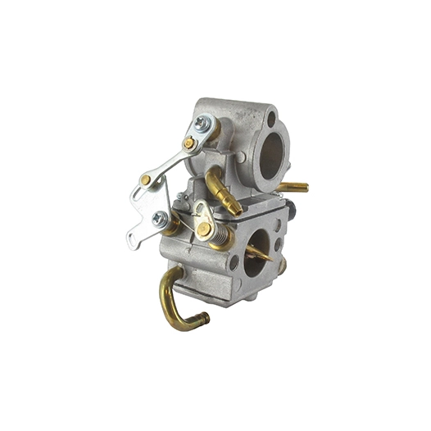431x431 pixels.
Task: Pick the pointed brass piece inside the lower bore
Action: click(x=261, y=252)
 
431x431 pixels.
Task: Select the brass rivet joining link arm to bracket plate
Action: click(x=146, y=179)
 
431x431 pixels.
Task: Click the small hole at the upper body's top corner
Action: click(x=271, y=120)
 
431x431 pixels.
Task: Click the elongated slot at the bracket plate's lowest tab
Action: click(x=134, y=240)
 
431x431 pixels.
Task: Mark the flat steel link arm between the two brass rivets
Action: click(x=168, y=161)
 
